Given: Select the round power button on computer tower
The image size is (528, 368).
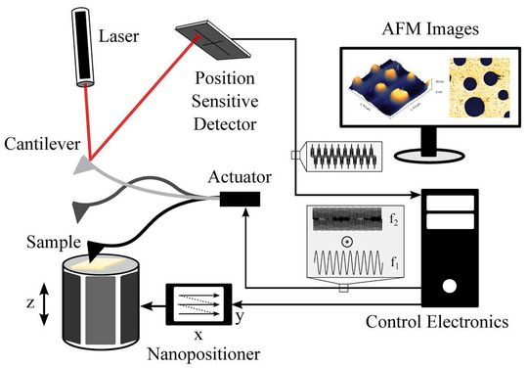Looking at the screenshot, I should click(x=449, y=288).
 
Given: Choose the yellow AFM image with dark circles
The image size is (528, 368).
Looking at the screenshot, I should click(x=478, y=89).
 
